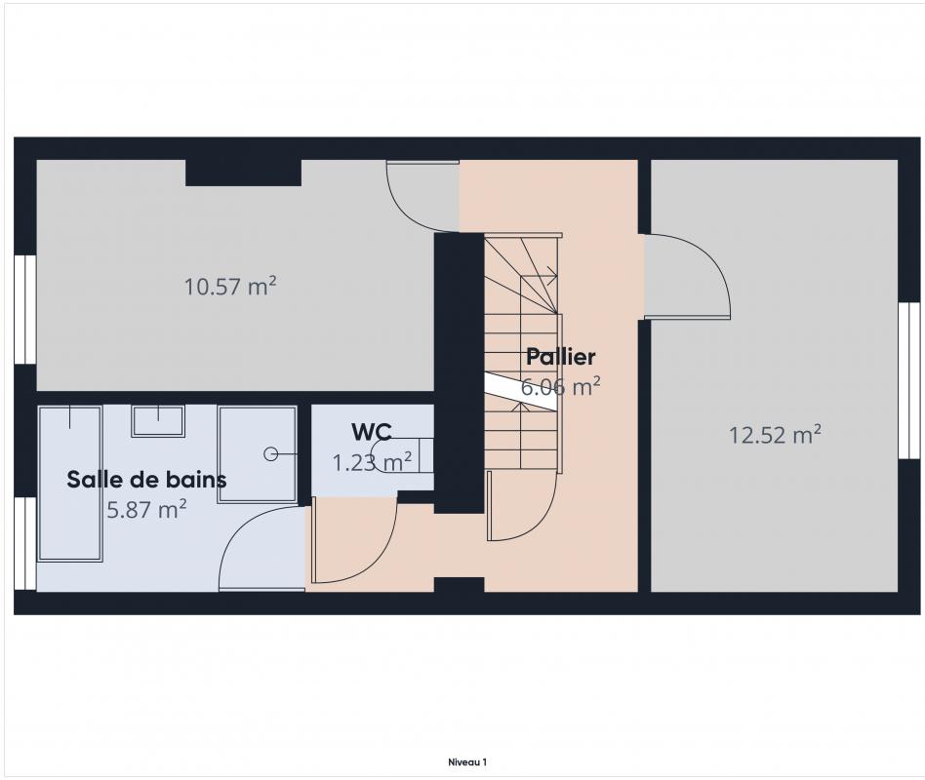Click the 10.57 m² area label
coord(230,287)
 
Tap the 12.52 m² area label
coord(775,435)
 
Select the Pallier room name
coord(560,357)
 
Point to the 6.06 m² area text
coord(560,387)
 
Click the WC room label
coord(372,432)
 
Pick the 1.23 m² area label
coord(372,462)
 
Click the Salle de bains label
coord(146,480)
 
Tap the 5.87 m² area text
coord(146,509)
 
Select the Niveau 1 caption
coord(467,761)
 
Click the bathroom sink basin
coord(158,421)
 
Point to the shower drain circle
coord(271,454)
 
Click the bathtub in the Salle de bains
coord(69,483)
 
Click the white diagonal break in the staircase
coord(521,392)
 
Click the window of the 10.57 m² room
coord(25,309)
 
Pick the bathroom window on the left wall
coord(25,544)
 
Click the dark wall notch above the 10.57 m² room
coord(244,173)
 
